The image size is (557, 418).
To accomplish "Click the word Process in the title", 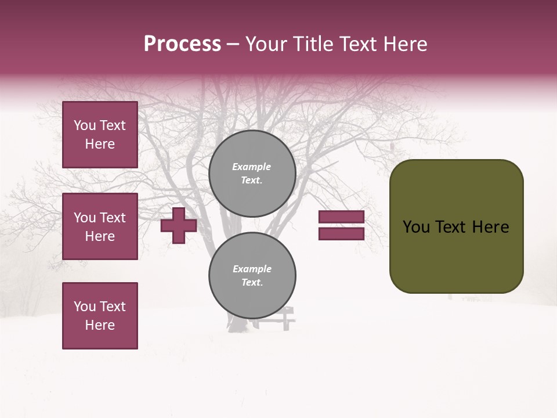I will point(182,44).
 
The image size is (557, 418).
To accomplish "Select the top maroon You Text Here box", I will point(100,135).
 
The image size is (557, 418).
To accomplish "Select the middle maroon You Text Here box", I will point(100,226).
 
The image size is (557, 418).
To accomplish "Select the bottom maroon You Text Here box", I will point(100,315).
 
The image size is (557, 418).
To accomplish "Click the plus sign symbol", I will point(179,225).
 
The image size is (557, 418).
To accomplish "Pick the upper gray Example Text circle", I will point(252,174).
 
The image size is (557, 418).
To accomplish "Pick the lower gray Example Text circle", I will point(252,276).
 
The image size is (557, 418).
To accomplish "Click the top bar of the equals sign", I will point(341,217).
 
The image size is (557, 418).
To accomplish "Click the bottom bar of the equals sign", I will point(341,233).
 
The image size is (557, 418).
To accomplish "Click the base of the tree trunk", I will point(238,327).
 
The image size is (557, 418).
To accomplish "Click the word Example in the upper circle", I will point(251,167).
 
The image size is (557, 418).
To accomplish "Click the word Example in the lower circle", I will point(252,269).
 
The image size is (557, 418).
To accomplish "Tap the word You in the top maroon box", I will point(85,125).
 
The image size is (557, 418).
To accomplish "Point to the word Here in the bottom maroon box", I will point(100,325).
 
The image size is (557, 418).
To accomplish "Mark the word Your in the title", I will point(265,44).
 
